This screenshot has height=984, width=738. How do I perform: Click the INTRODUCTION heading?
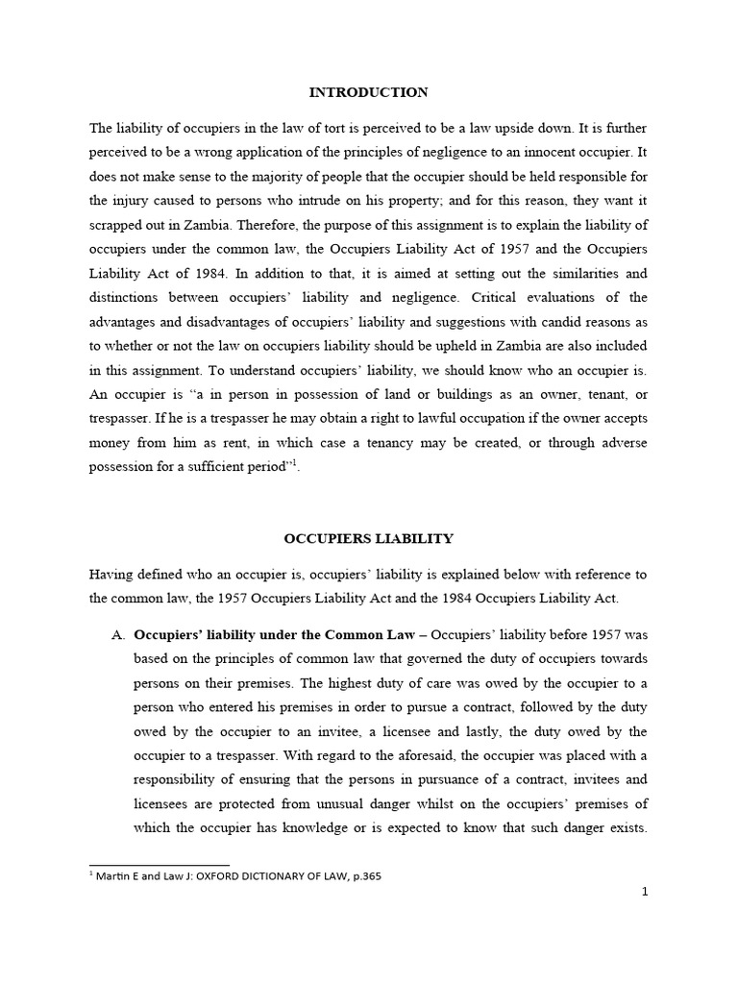click(x=368, y=93)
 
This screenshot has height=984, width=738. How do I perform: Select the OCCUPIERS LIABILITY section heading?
click(x=369, y=540)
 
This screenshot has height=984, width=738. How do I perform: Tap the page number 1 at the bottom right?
click(x=645, y=892)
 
